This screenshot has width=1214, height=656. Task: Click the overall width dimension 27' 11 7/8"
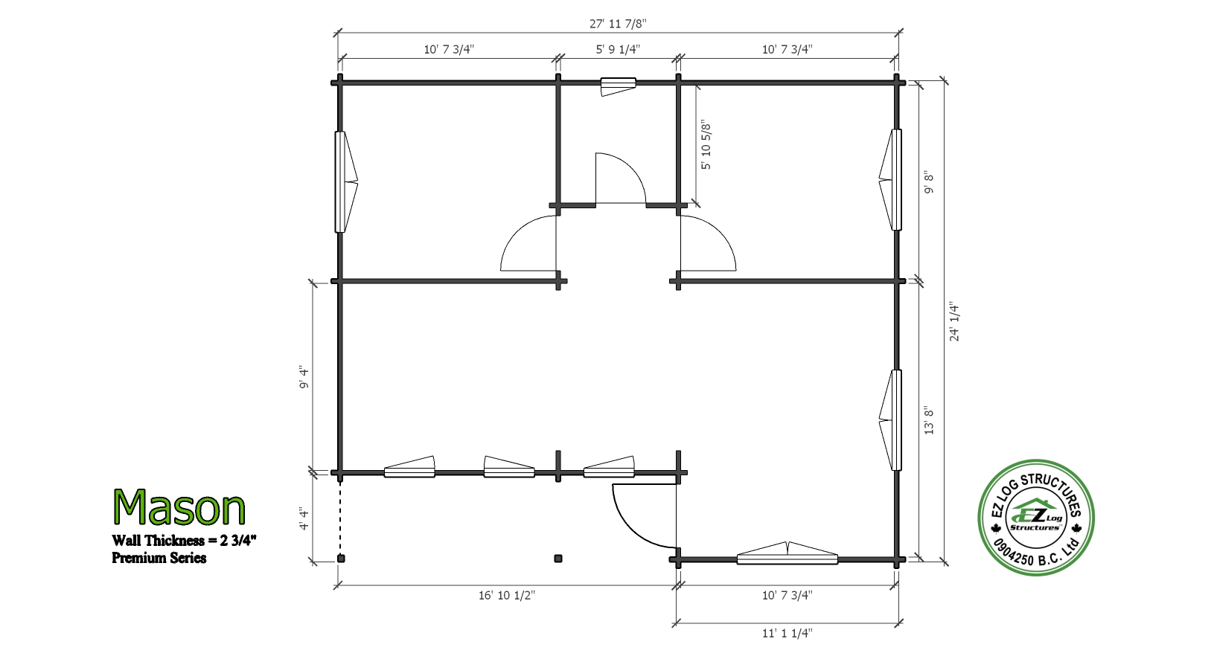(618, 24)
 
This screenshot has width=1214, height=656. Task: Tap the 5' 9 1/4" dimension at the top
(618, 49)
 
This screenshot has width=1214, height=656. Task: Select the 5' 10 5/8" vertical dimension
(706, 145)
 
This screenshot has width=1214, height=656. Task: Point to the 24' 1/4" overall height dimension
(954, 321)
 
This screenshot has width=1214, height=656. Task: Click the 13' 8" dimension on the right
(929, 419)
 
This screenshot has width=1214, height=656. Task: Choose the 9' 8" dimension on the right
(929, 183)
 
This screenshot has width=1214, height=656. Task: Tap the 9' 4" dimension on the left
(304, 378)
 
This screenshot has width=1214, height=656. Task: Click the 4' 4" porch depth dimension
(304, 518)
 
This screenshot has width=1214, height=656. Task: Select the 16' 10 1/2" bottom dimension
(507, 595)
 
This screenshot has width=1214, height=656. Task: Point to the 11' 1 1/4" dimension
(787, 633)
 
